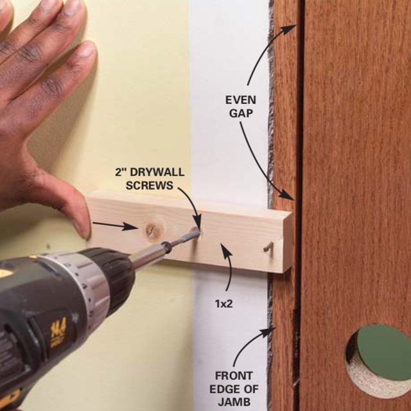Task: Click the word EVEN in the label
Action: tap(241, 100)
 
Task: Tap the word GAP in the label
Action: tap(241, 114)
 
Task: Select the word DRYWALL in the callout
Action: tap(157, 172)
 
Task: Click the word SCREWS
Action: tap(150, 186)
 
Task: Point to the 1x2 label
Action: tap(224, 304)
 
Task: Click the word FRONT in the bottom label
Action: tap(234, 376)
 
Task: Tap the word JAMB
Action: tap(234, 401)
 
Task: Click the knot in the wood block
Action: tap(152, 230)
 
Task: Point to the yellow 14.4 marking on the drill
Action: tap(58, 333)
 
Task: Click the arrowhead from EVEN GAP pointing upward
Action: tap(290, 29)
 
